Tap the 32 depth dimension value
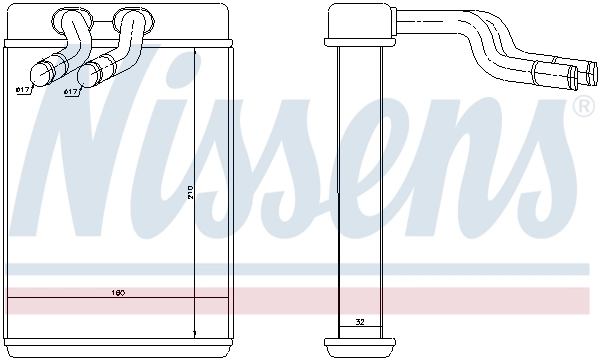click(x=360, y=322)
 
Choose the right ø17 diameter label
click(x=71, y=92)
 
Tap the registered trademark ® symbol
click(x=579, y=106)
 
